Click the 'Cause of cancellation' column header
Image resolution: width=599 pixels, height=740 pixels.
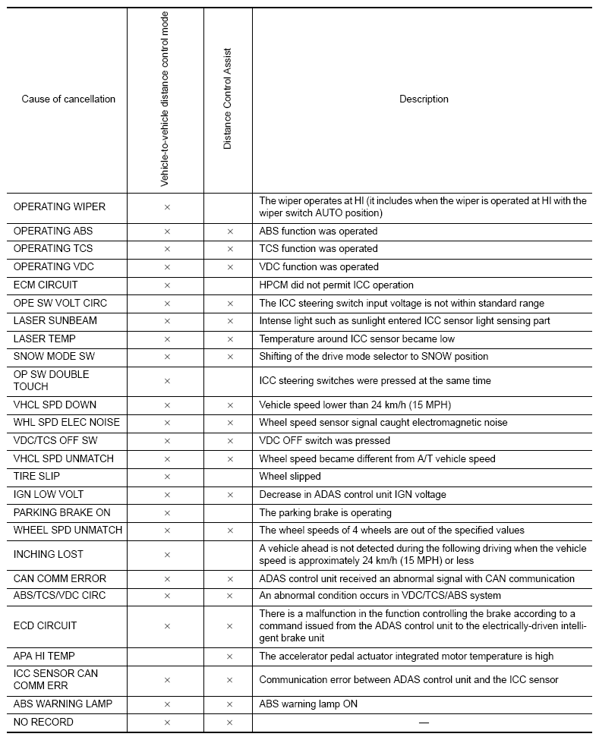(x=68, y=99)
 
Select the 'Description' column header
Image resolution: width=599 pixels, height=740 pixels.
(x=424, y=99)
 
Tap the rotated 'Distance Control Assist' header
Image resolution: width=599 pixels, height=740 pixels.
(x=228, y=99)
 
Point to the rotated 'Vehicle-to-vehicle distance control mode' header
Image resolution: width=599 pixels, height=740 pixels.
(x=165, y=99)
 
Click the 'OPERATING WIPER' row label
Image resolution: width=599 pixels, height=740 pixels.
(x=59, y=206)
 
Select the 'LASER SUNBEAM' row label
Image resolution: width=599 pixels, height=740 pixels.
(x=55, y=321)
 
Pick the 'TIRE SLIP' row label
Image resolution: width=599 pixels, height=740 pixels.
(x=40, y=477)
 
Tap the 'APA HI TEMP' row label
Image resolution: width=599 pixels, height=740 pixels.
(x=44, y=656)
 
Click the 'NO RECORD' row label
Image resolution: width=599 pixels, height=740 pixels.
(x=43, y=722)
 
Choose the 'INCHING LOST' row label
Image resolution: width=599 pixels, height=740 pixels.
(x=49, y=555)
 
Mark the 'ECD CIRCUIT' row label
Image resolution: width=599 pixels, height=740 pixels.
(x=45, y=626)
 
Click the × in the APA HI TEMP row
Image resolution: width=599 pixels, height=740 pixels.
(x=230, y=657)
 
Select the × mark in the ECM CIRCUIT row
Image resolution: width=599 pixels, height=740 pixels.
(x=167, y=285)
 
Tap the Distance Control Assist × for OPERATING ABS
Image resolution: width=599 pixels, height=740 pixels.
(x=230, y=231)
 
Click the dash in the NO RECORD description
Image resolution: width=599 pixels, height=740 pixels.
(x=424, y=722)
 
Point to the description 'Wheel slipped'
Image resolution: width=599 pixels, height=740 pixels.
(x=290, y=477)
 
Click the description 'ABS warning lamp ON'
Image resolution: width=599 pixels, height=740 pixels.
(x=308, y=704)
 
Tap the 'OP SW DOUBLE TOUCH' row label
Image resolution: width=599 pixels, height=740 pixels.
(x=51, y=380)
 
